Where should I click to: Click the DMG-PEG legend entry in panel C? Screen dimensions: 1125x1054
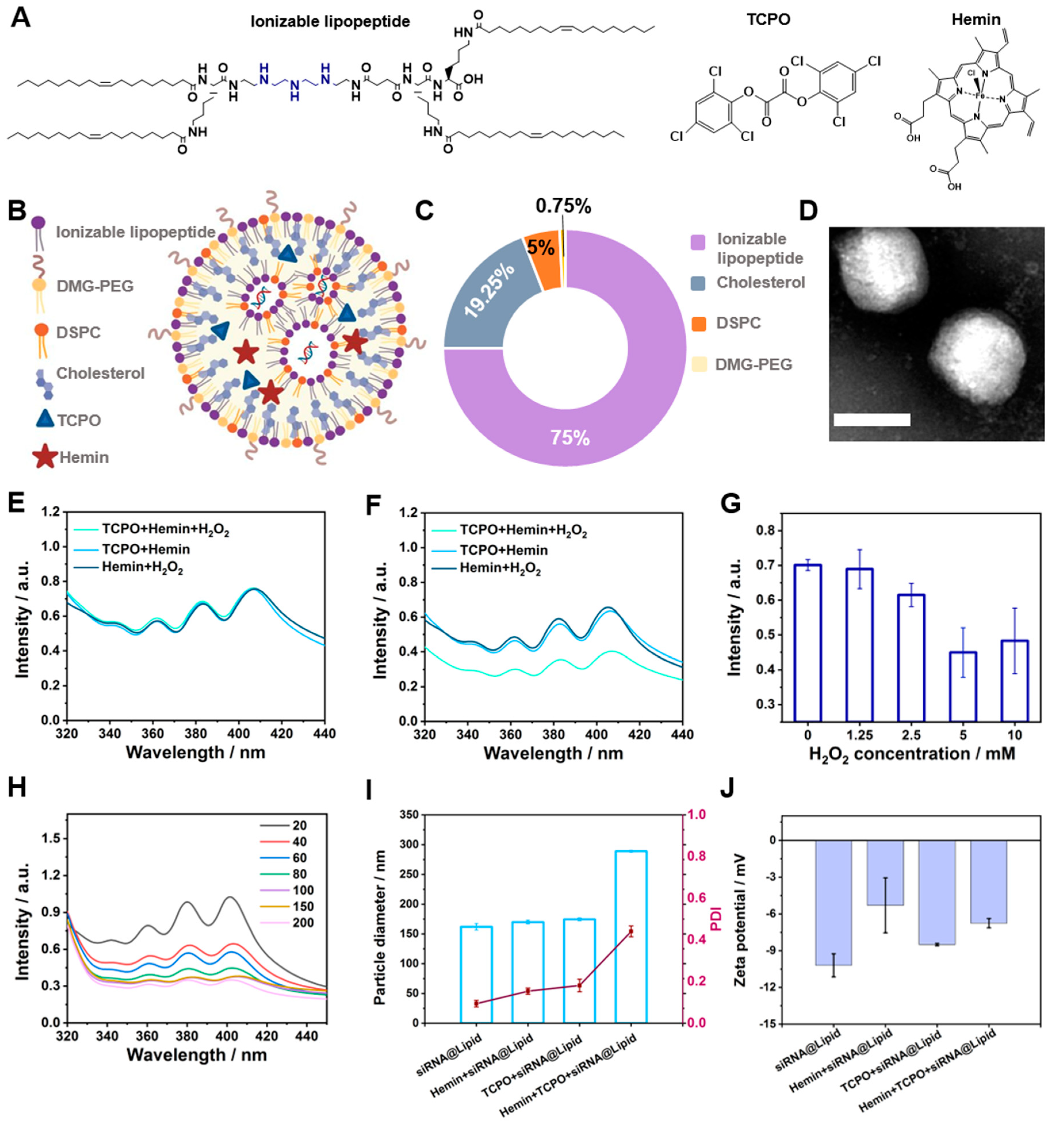pos(753,364)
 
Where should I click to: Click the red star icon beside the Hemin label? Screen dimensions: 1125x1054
pos(45,457)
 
